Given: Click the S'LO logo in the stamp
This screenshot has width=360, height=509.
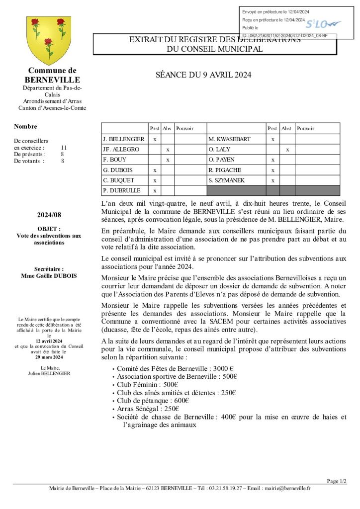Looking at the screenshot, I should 322,24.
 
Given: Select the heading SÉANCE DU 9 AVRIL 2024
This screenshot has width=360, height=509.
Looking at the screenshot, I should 203,75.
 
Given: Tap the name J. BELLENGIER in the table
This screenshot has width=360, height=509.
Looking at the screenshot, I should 123,139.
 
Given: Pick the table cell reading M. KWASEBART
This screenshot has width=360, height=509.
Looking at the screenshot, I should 230,139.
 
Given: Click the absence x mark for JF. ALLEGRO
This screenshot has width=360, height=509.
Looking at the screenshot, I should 168,150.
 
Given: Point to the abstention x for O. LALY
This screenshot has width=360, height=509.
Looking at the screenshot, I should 287,150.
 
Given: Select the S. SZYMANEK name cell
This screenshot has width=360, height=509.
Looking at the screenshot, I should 227,180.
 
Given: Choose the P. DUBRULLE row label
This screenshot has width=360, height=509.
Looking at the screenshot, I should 122,190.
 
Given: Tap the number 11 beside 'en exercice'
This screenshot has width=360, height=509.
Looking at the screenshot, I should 64,148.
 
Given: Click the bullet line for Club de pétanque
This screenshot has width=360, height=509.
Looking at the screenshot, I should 153,401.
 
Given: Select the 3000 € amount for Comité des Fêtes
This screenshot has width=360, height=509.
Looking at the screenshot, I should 223,369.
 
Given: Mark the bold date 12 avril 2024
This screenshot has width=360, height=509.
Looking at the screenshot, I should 49,341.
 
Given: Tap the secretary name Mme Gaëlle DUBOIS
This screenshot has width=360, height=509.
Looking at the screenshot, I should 49,276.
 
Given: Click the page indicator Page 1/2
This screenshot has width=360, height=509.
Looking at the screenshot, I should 337,481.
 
